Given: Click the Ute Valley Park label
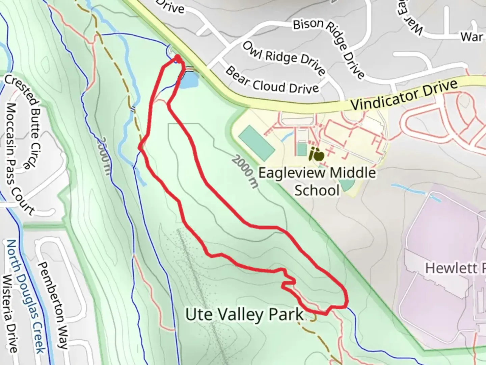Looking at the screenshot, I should point(244,315).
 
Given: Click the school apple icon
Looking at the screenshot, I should point(317,155).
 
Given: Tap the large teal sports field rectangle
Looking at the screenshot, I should point(256,143).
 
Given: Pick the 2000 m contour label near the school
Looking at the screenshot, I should point(245,171).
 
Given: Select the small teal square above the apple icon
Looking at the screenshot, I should point(301,149).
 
